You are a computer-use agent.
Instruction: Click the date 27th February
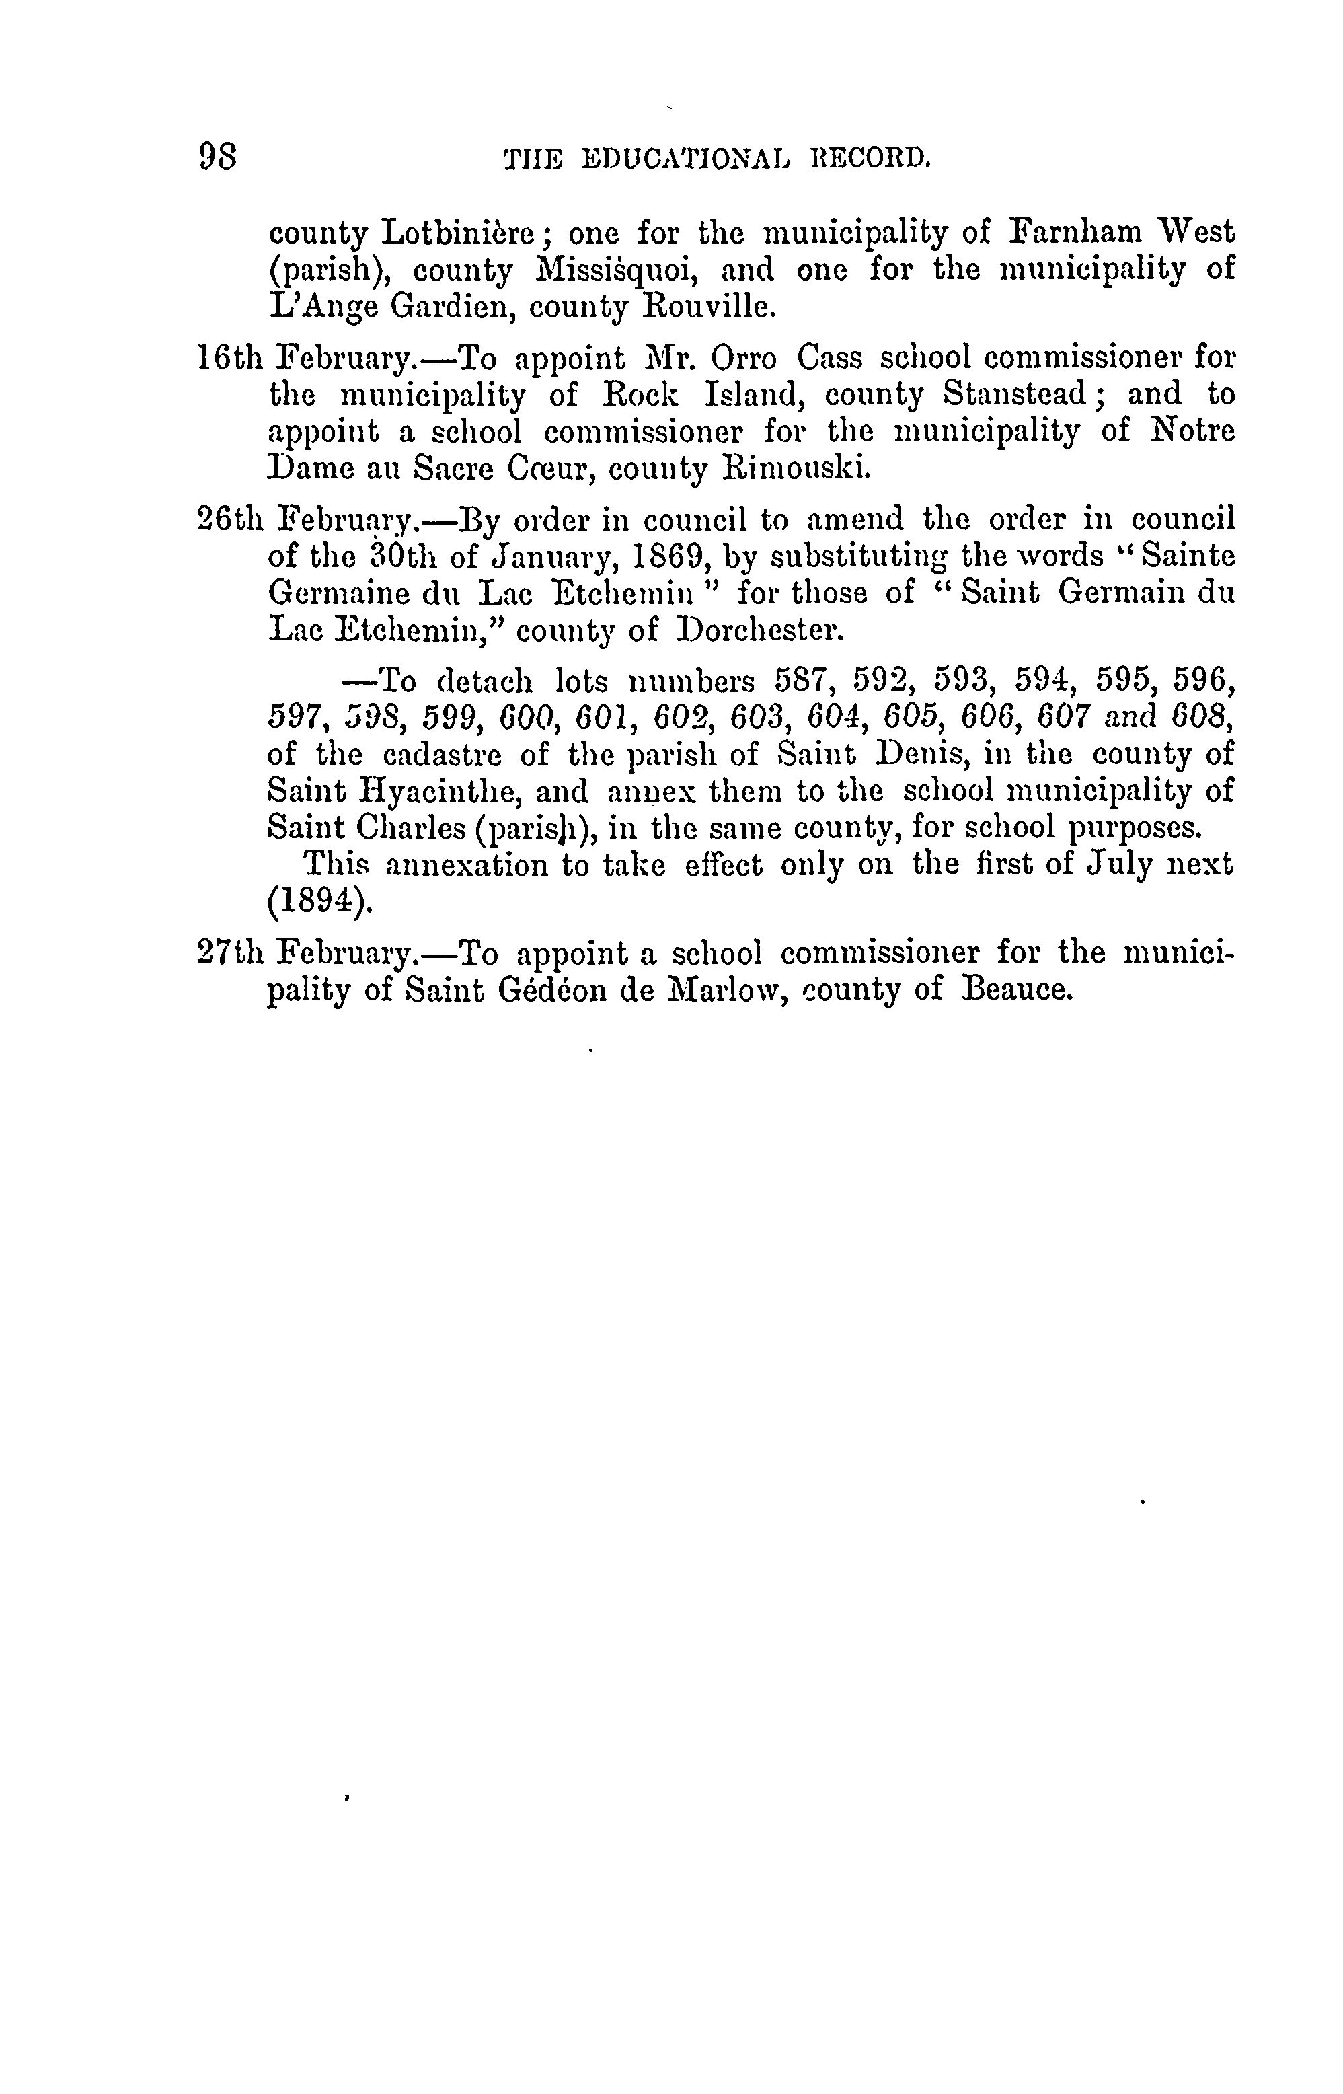(x=305, y=953)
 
